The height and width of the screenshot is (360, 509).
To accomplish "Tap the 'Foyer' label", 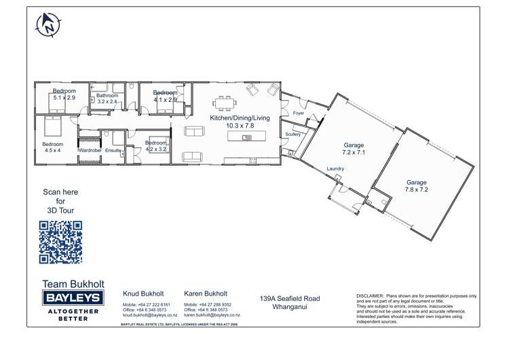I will coord(299,113).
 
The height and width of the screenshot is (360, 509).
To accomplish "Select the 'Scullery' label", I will coord(293,134).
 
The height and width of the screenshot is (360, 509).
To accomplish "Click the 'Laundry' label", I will coord(335,168).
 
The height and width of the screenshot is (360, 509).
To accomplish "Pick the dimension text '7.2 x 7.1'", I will coord(354,153).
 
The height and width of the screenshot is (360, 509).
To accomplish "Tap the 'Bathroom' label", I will coord(107,96).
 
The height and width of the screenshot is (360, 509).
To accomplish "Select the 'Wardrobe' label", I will coord(90,149).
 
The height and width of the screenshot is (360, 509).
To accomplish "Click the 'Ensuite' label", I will coord(113,149).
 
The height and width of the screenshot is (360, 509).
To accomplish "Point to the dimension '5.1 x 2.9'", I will coord(64,98).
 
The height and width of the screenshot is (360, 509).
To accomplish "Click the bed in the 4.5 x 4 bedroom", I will coord(53,126).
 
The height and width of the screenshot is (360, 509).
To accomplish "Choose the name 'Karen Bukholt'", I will coord(205,294).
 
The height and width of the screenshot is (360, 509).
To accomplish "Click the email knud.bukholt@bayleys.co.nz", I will coord(149,315).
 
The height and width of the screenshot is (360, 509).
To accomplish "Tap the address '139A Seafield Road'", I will coord(290,298).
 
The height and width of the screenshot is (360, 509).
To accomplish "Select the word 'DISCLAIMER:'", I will coord(370,296).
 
